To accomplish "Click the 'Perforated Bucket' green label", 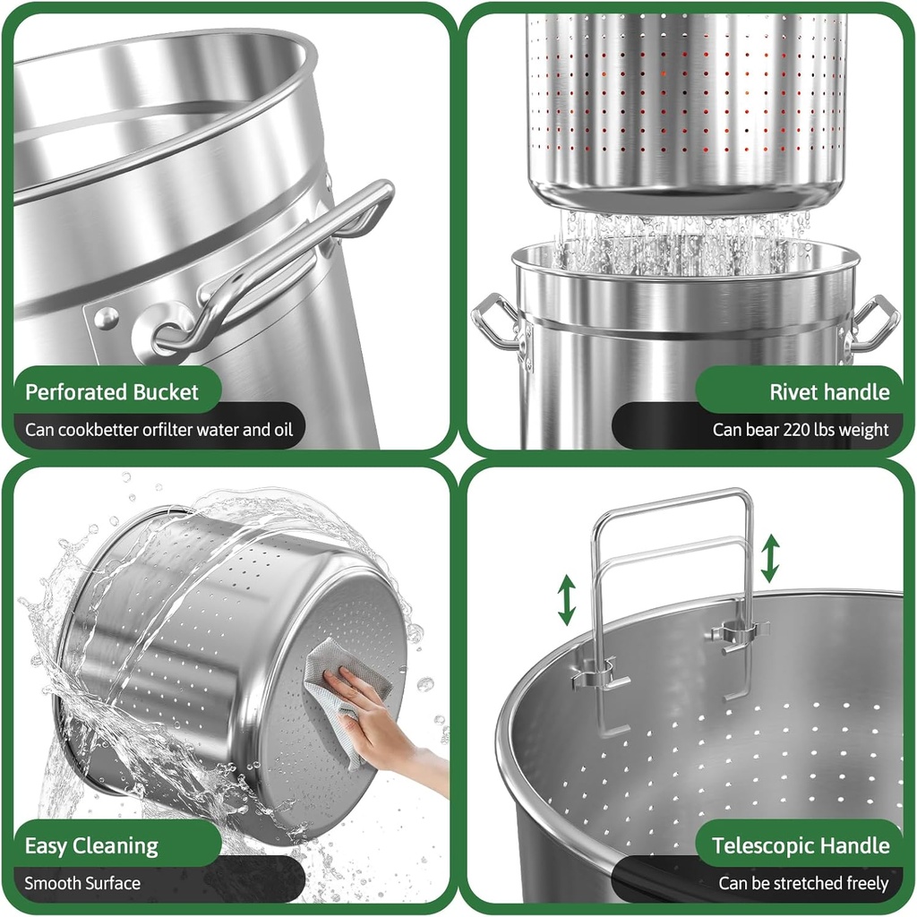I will click(112, 392).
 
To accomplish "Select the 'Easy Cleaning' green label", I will click(91, 845).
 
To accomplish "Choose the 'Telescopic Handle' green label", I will click(801, 845).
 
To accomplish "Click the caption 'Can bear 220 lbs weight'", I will click(801, 430).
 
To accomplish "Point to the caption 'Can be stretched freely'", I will click(803, 883).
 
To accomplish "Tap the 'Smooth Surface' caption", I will click(82, 883).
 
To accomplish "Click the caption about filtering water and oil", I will click(159, 430).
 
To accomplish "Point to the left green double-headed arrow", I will click(567, 600).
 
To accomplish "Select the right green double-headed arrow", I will click(770, 559).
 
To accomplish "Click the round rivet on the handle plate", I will click(107, 318).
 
